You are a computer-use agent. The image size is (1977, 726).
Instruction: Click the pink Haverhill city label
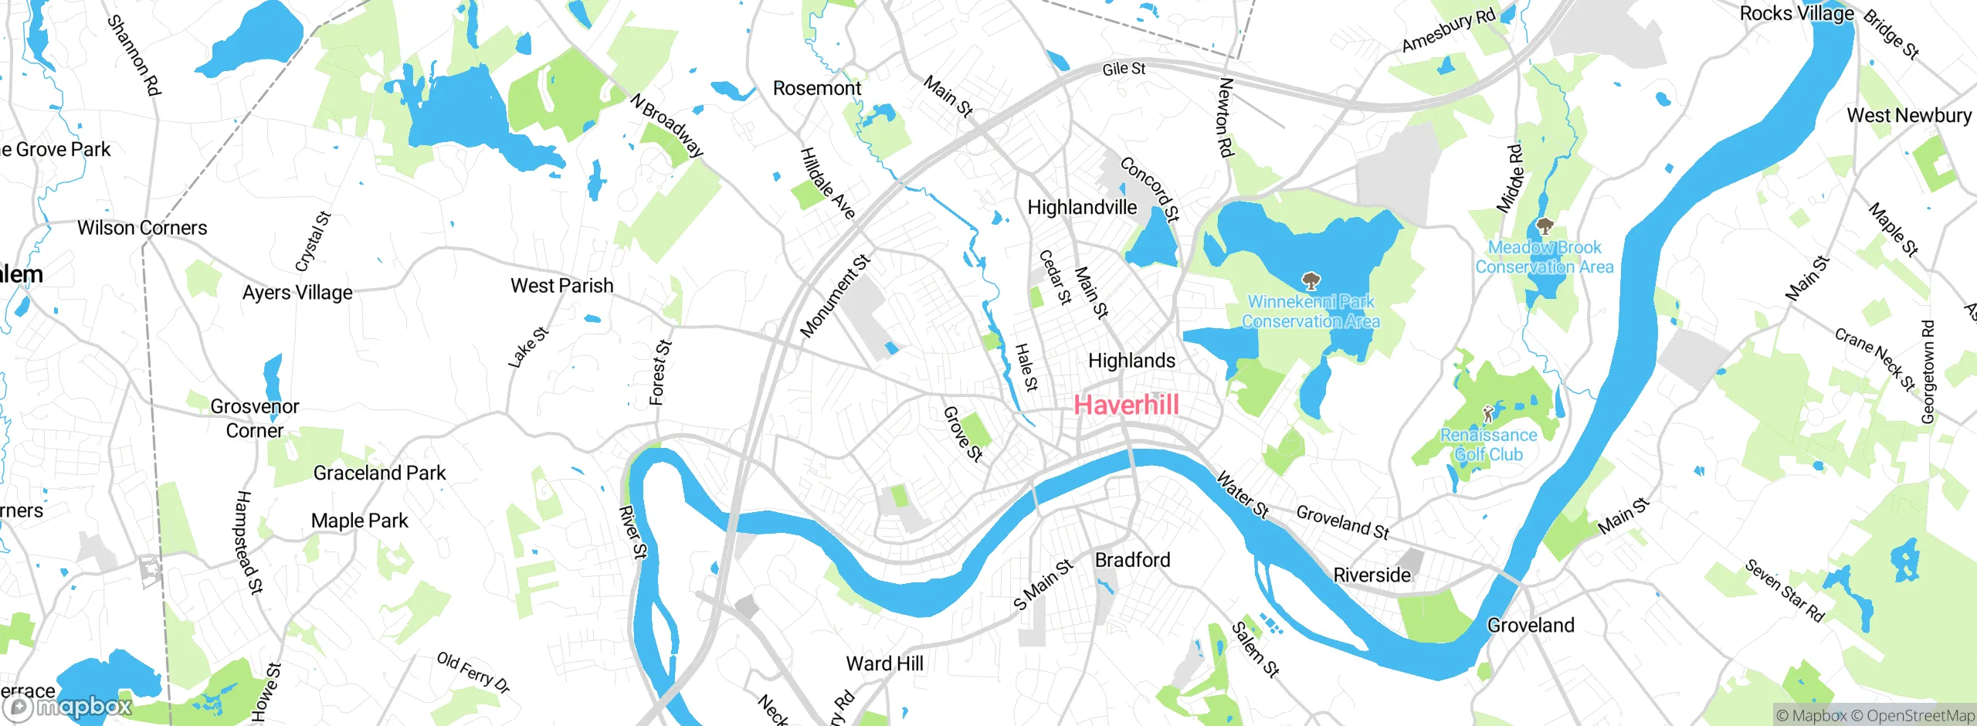[x=1126, y=405]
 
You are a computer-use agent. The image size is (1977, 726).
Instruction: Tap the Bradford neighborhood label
[x=1132, y=560]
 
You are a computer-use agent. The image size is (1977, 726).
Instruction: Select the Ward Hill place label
[x=884, y=663]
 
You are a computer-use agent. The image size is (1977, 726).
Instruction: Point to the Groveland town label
[x=1530, y=625]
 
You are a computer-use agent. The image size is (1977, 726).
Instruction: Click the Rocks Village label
[x=1796, y=14]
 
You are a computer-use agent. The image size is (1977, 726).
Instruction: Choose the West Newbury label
[x=1908, y=115]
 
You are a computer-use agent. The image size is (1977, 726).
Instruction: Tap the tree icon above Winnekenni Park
[x=1311, y=280]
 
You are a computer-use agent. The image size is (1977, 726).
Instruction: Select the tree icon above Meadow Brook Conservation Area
[x=1545, y=226]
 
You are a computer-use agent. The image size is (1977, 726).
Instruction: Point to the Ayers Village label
[x=297, y=293]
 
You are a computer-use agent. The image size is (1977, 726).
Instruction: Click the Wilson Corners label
[x=142, y=228]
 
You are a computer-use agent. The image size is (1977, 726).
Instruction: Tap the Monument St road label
[x=835, y=297]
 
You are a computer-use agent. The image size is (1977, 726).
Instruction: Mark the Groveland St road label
[x=1342, y=522]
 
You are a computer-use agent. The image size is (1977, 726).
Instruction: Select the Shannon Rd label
[x=134, y=55]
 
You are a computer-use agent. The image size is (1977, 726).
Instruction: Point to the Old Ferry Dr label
[x=473, y=672]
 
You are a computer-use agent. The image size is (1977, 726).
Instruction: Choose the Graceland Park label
[x=379, y=473]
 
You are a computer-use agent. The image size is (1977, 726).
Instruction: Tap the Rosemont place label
[x=816, y=89]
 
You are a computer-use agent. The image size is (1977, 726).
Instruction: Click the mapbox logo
[x=68, y=707]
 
